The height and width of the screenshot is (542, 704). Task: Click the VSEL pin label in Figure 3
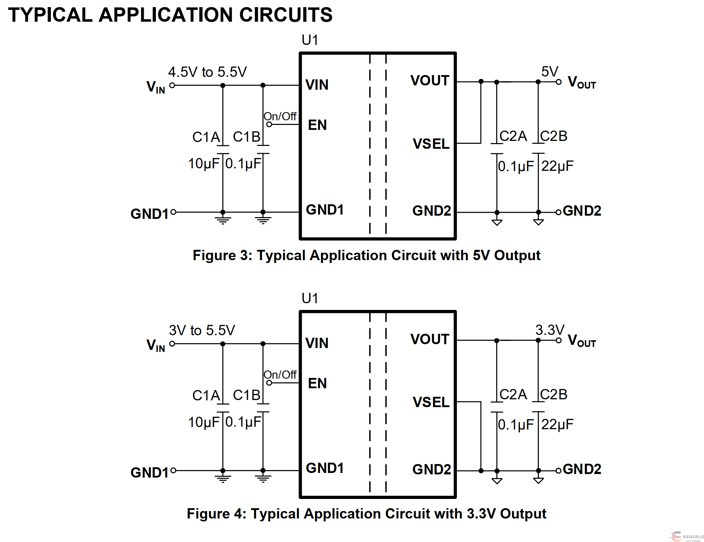point(431,144)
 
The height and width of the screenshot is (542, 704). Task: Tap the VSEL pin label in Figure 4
point(431,402)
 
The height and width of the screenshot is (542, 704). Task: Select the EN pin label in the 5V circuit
point(317,125)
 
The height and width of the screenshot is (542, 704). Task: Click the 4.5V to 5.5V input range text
point(207,72)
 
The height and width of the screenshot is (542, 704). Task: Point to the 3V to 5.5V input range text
point(202,330)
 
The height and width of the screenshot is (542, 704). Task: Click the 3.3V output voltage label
point(550,330)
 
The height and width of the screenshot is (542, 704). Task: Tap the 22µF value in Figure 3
point(557,166)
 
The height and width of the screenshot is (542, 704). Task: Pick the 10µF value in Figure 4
point(204,422)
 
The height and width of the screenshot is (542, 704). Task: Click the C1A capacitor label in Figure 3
point(206,137)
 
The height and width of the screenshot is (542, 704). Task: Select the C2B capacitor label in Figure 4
point(553,394)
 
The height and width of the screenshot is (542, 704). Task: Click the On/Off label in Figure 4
point(280,374)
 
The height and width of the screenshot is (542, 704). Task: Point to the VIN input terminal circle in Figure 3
point(172,85)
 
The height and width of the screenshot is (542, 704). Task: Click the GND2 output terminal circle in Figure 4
point(558,471)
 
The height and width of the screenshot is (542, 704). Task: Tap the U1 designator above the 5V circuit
point(310,40)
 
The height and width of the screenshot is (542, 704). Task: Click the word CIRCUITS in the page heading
point(286,15)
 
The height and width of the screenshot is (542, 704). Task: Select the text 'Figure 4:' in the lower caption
point(216,514)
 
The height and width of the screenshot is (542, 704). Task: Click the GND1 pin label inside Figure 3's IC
point(325,210)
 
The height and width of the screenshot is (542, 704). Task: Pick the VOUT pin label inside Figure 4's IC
point(430,339)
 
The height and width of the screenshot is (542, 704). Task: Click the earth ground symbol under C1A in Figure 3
point(223,219)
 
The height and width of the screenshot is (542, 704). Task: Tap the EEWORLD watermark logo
point(686,536)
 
